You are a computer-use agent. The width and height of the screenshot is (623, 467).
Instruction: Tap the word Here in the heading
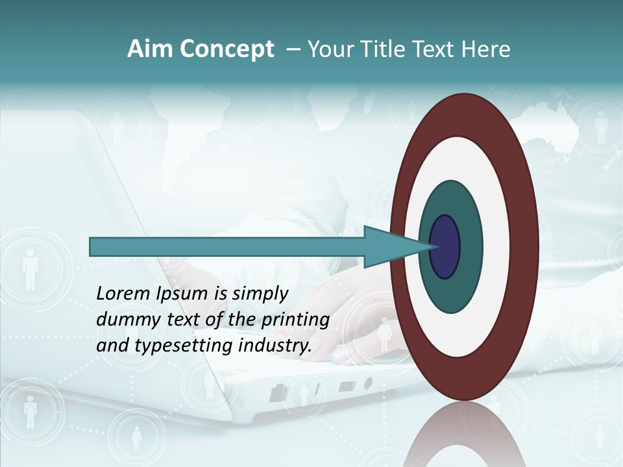[x=485, y=49]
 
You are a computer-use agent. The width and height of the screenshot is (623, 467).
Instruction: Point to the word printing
[x=295, y=320]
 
